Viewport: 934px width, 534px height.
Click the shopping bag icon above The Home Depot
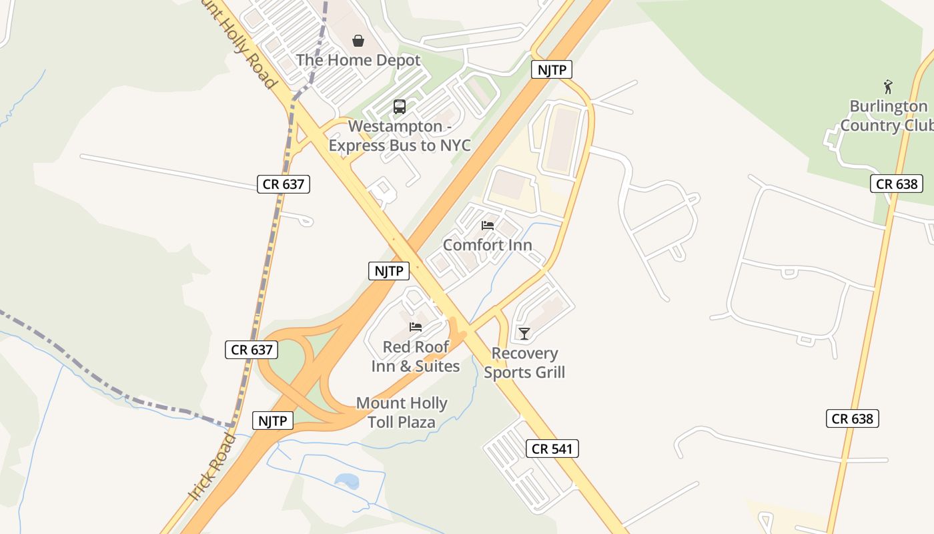coord(358,41)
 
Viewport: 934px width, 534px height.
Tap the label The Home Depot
coord(358,60)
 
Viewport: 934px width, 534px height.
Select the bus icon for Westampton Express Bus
coord(400,106)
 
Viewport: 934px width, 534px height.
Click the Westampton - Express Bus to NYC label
coord(400,136)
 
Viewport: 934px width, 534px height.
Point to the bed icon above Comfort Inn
coord(488,226)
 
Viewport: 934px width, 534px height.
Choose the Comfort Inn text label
coord(488,245)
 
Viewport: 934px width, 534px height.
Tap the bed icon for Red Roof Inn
coord(416,327)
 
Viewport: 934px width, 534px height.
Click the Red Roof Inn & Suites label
coord(416,356)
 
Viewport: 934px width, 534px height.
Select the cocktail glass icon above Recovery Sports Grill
coord(524,333)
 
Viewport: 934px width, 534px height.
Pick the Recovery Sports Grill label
coord(524,363)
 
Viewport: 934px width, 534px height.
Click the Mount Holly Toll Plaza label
coord(402,413)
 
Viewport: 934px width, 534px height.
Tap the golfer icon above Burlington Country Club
coord(888,87)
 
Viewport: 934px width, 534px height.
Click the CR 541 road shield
coord(552,449)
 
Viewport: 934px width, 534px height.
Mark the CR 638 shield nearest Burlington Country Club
coord(897,184)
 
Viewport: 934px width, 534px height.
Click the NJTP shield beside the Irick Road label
coord(273,421)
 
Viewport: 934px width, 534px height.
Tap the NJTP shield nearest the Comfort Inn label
coord(389,271)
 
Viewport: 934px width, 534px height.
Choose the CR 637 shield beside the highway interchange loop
coord(252,349)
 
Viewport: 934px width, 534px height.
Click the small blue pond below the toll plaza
coord(347,481)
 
